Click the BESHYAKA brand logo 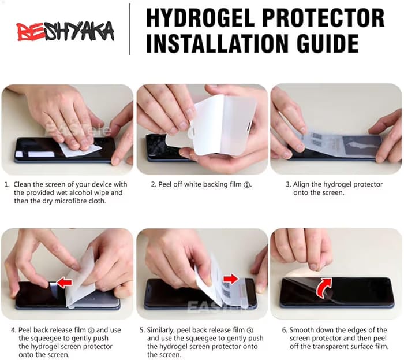coord(65,31)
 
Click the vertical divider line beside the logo coord(130,29)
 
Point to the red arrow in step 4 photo coord(64,283)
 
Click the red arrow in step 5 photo coord(231,279)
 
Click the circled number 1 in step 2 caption coord(247,185)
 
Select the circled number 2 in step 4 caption coord(91,331)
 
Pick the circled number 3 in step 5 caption coord(250,331)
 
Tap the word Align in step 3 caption coord(301,185)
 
